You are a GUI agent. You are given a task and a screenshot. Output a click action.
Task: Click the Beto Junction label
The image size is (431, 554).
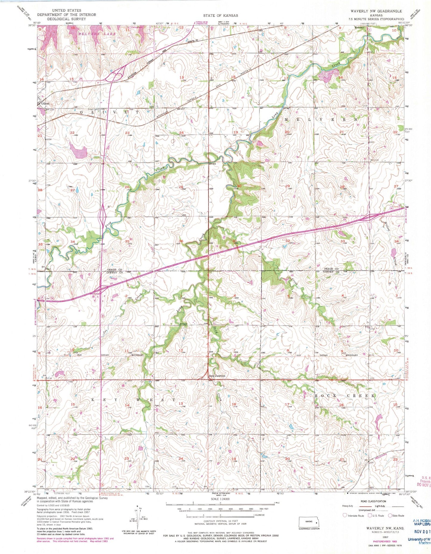217,376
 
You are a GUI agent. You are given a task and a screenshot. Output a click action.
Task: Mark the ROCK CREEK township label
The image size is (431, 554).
345,395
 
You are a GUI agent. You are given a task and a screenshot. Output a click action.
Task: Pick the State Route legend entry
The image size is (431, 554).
397,515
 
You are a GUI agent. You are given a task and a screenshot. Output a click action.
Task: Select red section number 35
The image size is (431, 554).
127,241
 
